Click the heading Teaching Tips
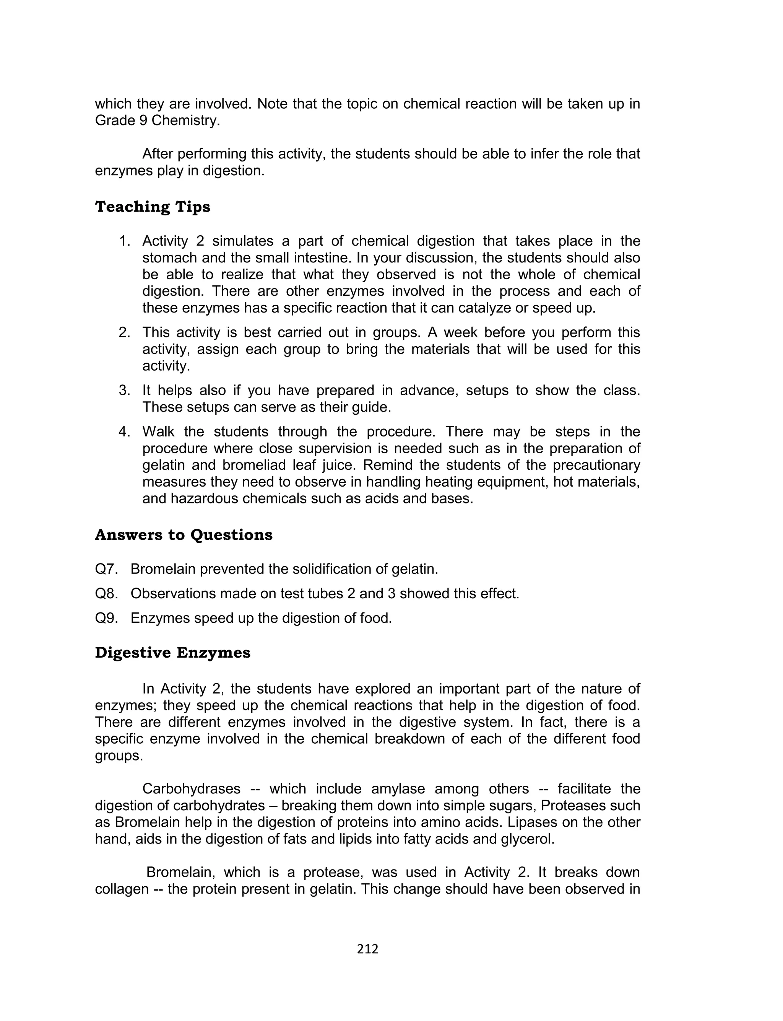[153, 207]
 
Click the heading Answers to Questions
[184, 535]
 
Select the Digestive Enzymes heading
[172, 653]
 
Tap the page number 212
[368, 949]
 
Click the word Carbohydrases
[191, 789]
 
